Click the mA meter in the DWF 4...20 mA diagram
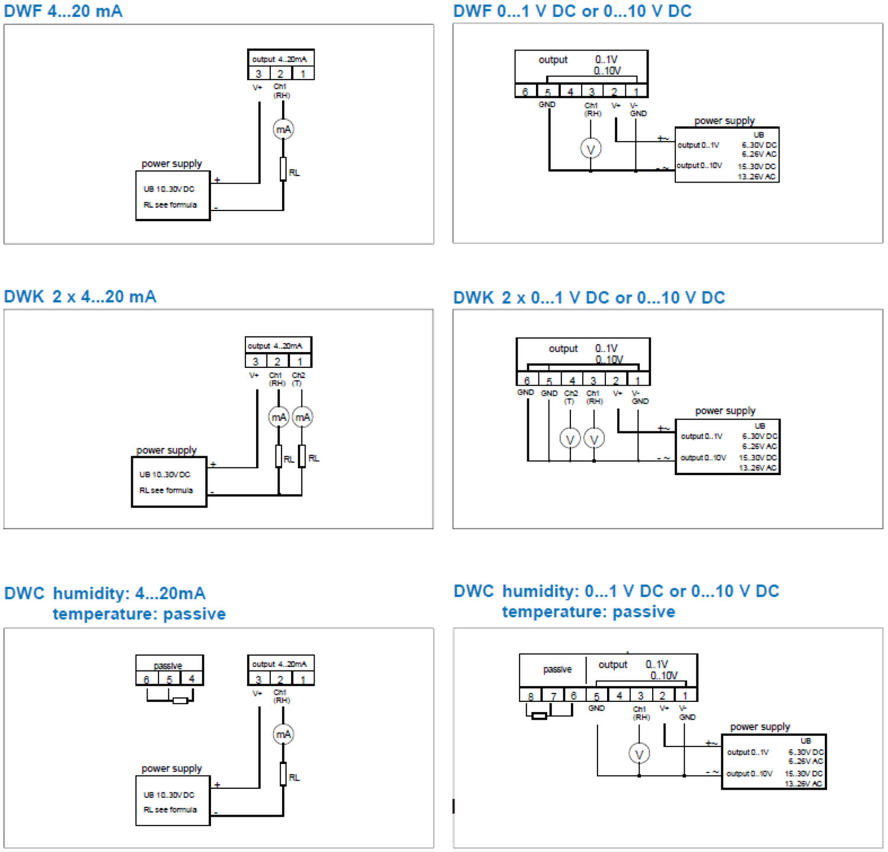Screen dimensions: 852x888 (283, 129)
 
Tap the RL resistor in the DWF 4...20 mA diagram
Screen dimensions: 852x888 (283, 169)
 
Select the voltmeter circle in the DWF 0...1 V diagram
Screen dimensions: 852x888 (590, 149)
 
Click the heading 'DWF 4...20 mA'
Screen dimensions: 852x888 (63, 11)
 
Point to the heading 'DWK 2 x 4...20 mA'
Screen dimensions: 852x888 (80, 296)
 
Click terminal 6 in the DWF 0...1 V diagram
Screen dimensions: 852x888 (525, 91)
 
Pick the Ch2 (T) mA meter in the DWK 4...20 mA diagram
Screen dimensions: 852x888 (303, 417)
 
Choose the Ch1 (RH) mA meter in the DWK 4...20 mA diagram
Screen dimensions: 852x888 (279, 417)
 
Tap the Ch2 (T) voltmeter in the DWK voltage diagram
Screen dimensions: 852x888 (570, 439)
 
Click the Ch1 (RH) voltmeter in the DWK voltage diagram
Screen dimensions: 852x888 (594, 439)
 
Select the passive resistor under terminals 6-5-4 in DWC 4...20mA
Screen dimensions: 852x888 (180, 700)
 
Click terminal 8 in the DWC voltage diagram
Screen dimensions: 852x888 (530, 696)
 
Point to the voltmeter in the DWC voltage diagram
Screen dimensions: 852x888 (639, 754)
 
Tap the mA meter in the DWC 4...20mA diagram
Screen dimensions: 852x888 (283, 734)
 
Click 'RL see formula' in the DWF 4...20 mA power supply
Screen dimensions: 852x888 (170, 205)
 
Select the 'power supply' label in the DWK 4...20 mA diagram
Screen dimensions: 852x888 (166, 450)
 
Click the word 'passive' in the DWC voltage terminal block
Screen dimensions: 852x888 (557, 669)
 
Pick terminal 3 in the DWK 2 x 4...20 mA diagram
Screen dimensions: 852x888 (255, 361)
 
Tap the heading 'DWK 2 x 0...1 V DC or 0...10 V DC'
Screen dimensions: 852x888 (589, 297)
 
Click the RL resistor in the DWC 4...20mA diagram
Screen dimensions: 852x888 (283, 774)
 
